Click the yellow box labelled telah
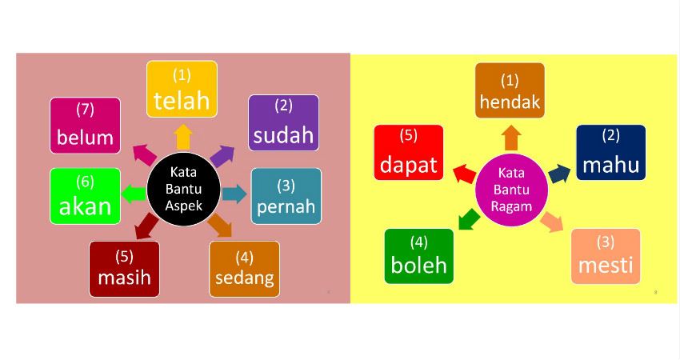[182, 90]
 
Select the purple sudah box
[284, 122]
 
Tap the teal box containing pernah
[286, 196]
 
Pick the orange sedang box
[245, 270]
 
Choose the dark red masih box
[125, 270]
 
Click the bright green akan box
[86, 196]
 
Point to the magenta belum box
[86, 126]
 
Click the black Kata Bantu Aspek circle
[184, 189]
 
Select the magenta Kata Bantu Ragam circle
[512, 190]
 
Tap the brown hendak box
[510, 90]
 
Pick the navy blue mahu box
[611, 153]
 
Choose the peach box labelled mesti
[606, 256]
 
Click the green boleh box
[419, 256]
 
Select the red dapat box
[409, 153]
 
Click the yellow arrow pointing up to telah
[183, 137]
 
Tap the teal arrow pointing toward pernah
[234, 194]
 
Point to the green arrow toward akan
[134, 194]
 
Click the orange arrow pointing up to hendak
[512, 138]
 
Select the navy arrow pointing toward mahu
[559, 174]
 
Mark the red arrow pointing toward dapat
[465, 174]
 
